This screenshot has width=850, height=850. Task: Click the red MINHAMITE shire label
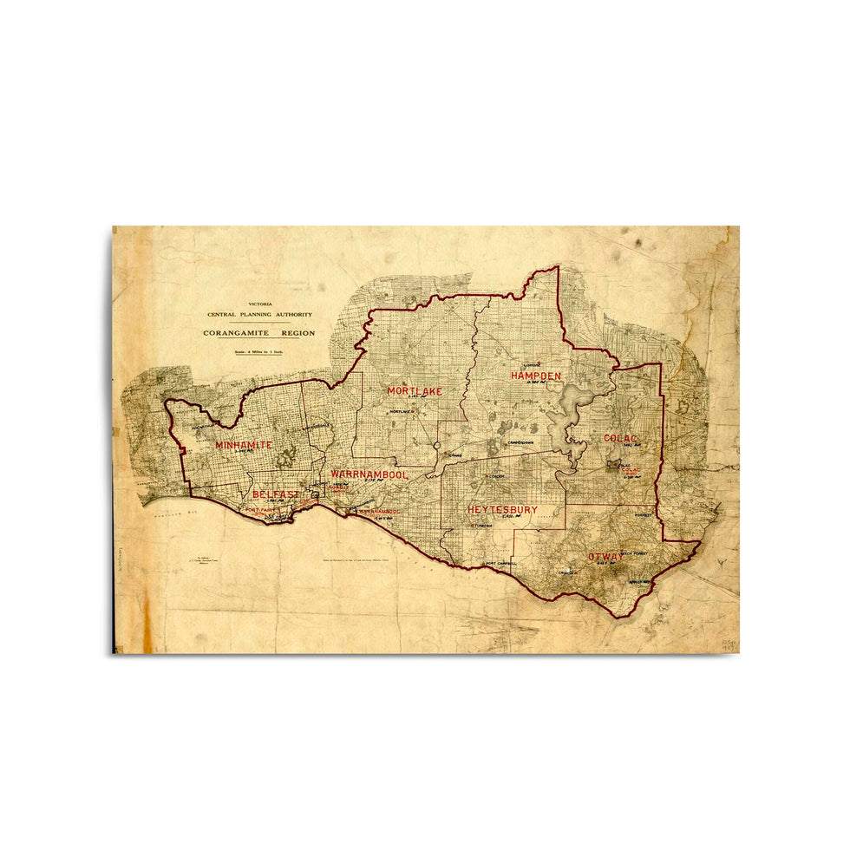[x=244, y=445]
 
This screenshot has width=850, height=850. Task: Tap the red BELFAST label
[x=275, y=494]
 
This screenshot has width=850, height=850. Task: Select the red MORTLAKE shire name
[x=415, y=391]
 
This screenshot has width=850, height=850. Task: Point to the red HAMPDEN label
[x=535, y=376]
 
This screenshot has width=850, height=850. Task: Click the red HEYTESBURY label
[x=502, y=510]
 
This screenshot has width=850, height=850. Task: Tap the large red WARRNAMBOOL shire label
[x=369, y=475]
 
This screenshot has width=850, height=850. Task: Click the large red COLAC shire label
[x=621, y=439]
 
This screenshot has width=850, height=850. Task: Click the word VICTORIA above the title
[x=260, y=304]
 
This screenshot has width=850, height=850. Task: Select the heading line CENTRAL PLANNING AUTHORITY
[x=259, y=314]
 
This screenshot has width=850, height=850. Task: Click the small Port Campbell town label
[x=500, y=564]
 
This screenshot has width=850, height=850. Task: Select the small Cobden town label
[x=497, y=477]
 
